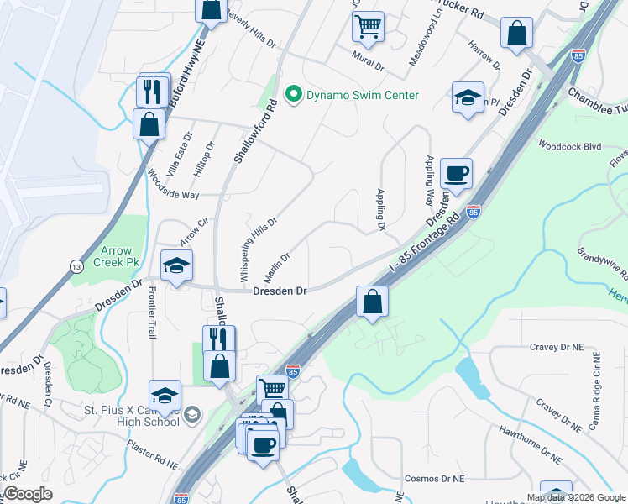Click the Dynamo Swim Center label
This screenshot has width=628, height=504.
click(362, 95)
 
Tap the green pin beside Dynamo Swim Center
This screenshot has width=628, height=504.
click(293, 95)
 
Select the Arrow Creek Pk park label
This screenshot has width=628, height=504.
click(119, 256)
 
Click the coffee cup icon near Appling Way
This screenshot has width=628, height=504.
click(456, 173)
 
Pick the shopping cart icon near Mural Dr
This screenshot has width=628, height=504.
click(367, 27)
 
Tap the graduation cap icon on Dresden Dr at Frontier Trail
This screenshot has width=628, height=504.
click(176, 266)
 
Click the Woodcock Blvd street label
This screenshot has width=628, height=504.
click(570, 145)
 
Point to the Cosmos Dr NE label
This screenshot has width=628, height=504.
click(433, 478)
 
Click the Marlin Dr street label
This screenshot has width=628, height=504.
click(279, 266)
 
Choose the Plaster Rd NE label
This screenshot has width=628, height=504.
click(152, 453)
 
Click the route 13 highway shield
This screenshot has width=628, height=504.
click(76, 266)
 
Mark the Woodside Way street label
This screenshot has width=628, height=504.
click(173, 186)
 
